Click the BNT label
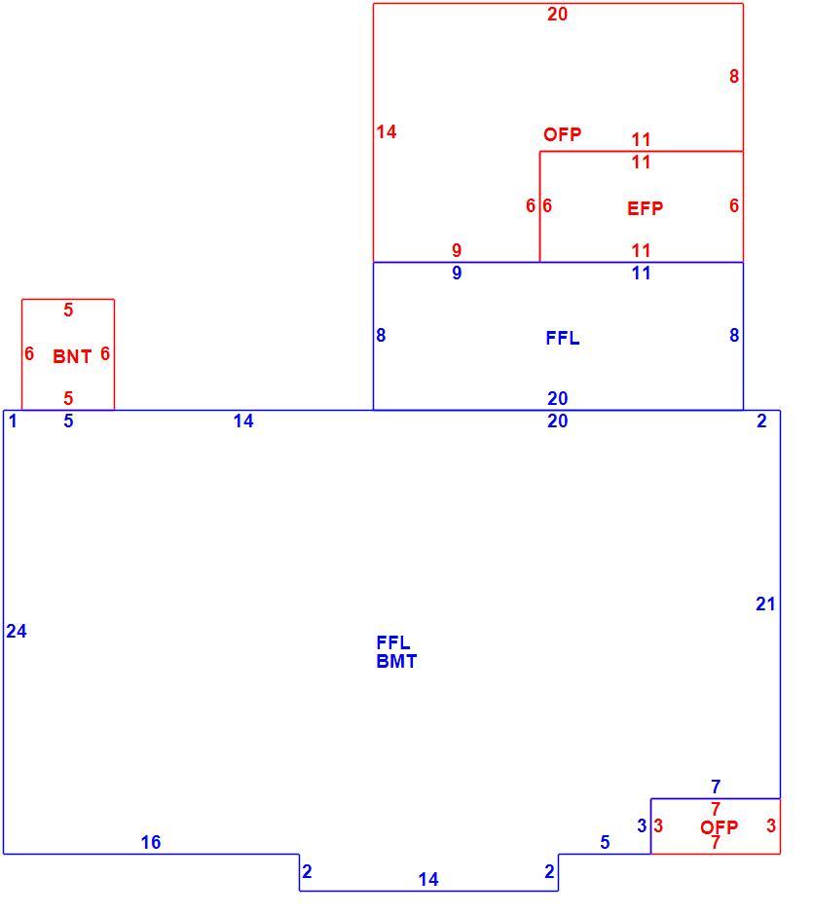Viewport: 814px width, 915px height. pos(72,356)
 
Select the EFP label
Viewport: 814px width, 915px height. pos(645,208)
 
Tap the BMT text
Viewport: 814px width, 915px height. pos(397,661)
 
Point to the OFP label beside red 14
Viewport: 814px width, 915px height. pos(563,134)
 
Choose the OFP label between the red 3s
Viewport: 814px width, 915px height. pos(719,826)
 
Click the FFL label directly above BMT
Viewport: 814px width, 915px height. pos(393,642)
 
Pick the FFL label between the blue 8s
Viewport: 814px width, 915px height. pos(563,338)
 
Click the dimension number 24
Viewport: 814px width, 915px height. pos(17,631)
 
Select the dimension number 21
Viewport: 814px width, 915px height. pos(765,604)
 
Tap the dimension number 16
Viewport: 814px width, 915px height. pos(151,842)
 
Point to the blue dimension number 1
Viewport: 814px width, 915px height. pos(13,421)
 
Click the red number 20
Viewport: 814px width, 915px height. pos(557,14)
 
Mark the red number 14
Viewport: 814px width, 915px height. pos(387,131)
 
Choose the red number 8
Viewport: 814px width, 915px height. pos(734,76)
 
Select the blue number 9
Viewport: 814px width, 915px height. pos(457,273)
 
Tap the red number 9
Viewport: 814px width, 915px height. pos(457,250)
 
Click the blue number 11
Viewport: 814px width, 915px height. pos(641,273)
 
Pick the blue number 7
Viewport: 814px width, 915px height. pos(716,787)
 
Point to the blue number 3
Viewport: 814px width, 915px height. pos(642,825)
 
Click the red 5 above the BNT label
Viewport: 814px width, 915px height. pos(68,310)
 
